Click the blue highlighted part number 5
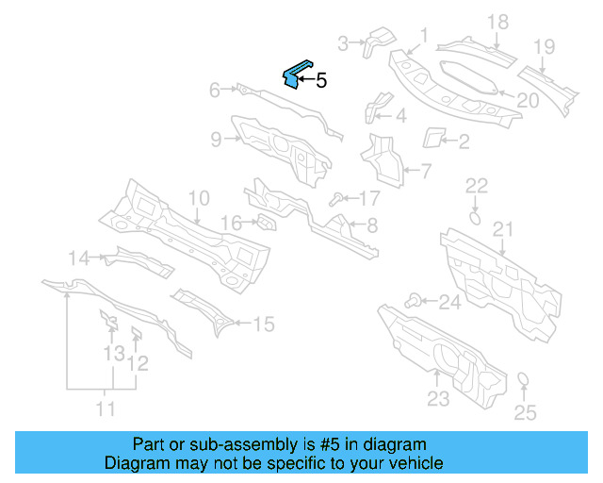coord(296,74)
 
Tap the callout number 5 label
coord(321,81)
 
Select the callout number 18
coord(497,22)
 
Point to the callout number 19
coord(544,46)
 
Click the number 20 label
coord(528,99)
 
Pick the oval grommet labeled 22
coord(476,217)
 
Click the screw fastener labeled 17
coord(335,198)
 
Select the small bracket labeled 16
coord(266,223)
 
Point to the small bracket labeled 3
coord(381,40)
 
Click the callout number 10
coord(198,199)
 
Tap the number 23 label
coord(437,399)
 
